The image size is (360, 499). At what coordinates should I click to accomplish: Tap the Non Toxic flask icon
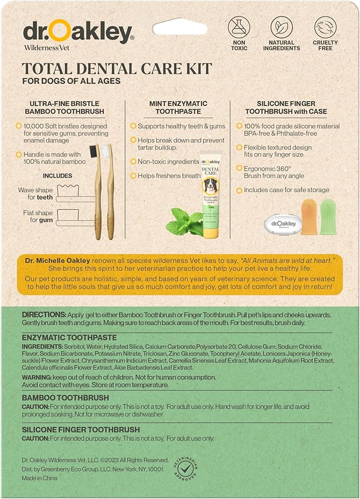click(239, 27)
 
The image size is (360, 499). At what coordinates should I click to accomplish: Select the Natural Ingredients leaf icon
click(282, 27)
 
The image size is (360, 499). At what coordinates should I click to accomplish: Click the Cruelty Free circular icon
click(325, 27)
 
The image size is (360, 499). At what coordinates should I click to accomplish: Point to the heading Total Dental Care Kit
click(117, 68)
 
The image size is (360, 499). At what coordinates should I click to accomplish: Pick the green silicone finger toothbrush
click(328, 216)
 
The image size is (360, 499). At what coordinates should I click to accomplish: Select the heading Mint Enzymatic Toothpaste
click(178, 108)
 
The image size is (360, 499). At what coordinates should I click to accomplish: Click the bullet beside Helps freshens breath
click(133, 175)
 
